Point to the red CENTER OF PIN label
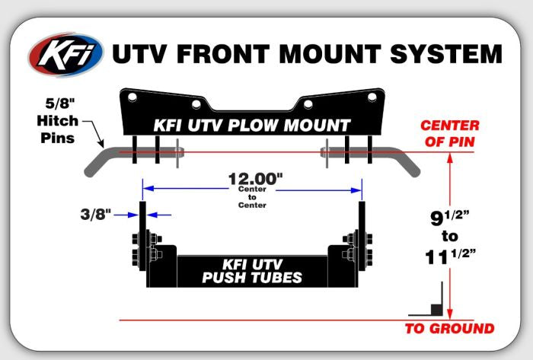click(450, 132)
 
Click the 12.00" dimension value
click(255, 180)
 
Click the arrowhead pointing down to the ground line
click(451, 313)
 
